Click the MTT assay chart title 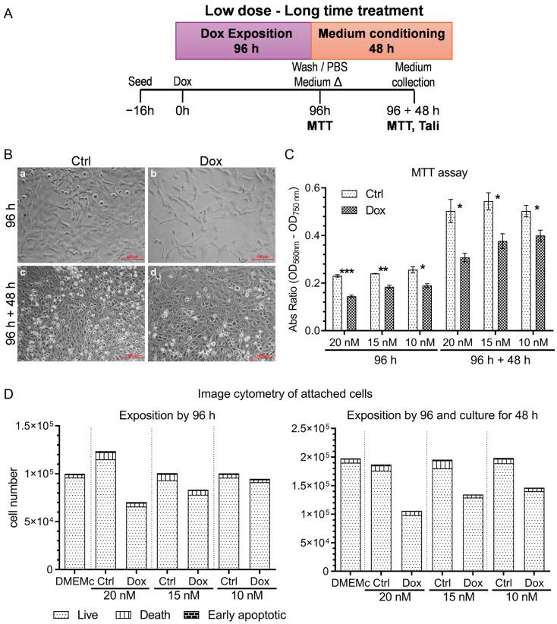[426, 174]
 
